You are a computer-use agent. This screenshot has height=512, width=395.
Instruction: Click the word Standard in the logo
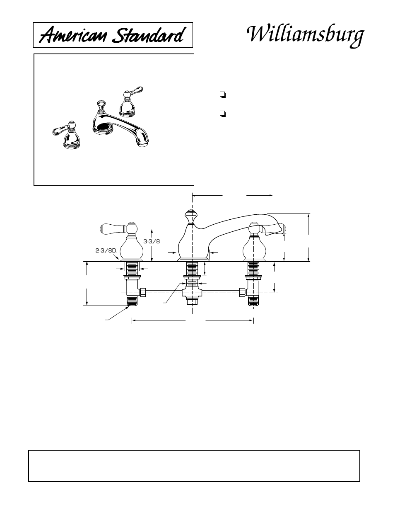pyautogui.click(x=147, y=36)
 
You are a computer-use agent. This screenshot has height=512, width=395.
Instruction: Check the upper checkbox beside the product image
pyautogui.click(x=223, y=95)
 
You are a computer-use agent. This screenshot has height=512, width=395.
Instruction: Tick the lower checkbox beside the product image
pyautogui.click(x=223, y=113)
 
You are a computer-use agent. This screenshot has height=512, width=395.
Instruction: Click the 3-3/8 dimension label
pyautogui.click(x=152, y=241)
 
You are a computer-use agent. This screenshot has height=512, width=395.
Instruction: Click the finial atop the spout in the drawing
pyautogui.click(x=191, y=216)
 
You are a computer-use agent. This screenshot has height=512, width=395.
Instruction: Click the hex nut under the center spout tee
pyautogui.click(x=191, y=301)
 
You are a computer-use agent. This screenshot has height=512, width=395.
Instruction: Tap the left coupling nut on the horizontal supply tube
pyautogui.click(x=142, y=292)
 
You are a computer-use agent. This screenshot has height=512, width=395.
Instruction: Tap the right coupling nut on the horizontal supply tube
pyautogui.click(x=242, y=293)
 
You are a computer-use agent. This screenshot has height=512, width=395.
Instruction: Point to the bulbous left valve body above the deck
pyautogui.click(x=132, y=248)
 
